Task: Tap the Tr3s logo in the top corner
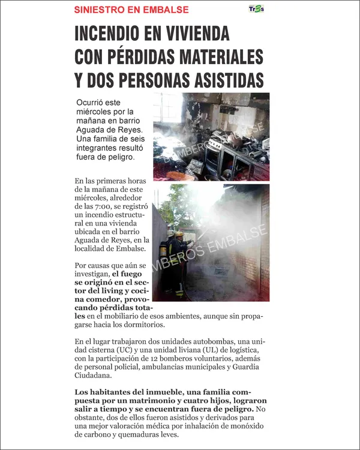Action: point(256,8)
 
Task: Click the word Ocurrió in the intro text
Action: point(90,103)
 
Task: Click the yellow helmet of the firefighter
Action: point(179,233)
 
